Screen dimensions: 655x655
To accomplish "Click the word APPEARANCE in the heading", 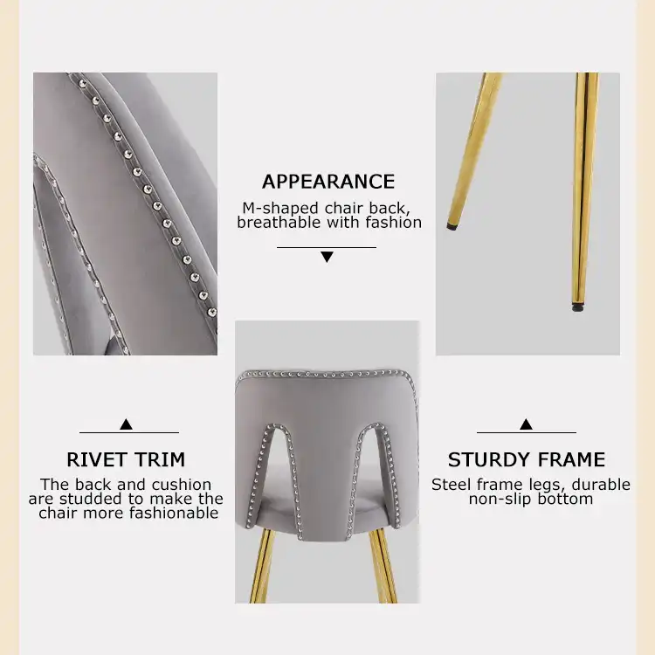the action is pyautogui.click(x=328, y=182).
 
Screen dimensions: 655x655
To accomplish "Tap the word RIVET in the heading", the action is pyautogui.click(x=96, y=459).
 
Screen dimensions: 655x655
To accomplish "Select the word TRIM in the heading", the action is pyautogui.click(x=160, y=459).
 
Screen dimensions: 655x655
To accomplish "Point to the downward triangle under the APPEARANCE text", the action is pyautogui.click(x=327, y=257).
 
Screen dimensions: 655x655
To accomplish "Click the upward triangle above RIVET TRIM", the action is pyautogui.click(x=126, y=424).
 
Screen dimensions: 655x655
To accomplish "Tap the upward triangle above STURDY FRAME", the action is pyautogui.click(x=526, y=424).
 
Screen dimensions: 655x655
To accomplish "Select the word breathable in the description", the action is pyautogui.click(x=279, y=222).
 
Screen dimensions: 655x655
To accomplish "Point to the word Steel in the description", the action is pyautogui.click(x=452, y=485).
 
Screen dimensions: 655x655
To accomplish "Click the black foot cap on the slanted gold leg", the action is pyautogui.click(x=451, y=227).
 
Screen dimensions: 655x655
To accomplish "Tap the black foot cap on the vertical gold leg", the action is pyautogui.click(x=578, y=308).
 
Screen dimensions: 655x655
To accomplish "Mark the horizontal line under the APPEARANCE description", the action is pyautogui.click(x=327, y=247).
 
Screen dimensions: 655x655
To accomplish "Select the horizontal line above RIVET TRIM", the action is pyautogui.click(x=129, y=433).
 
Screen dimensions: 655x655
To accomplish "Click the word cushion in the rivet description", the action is pyautogui.click(x=182, y=485).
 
